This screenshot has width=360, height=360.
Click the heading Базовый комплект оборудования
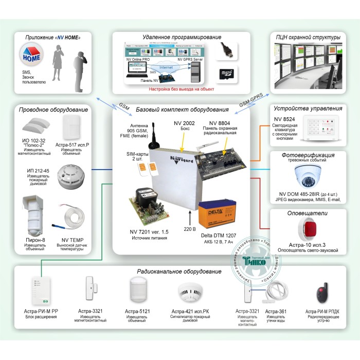[x=182, y=110]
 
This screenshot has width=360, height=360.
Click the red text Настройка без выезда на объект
[x=182, y=88]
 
